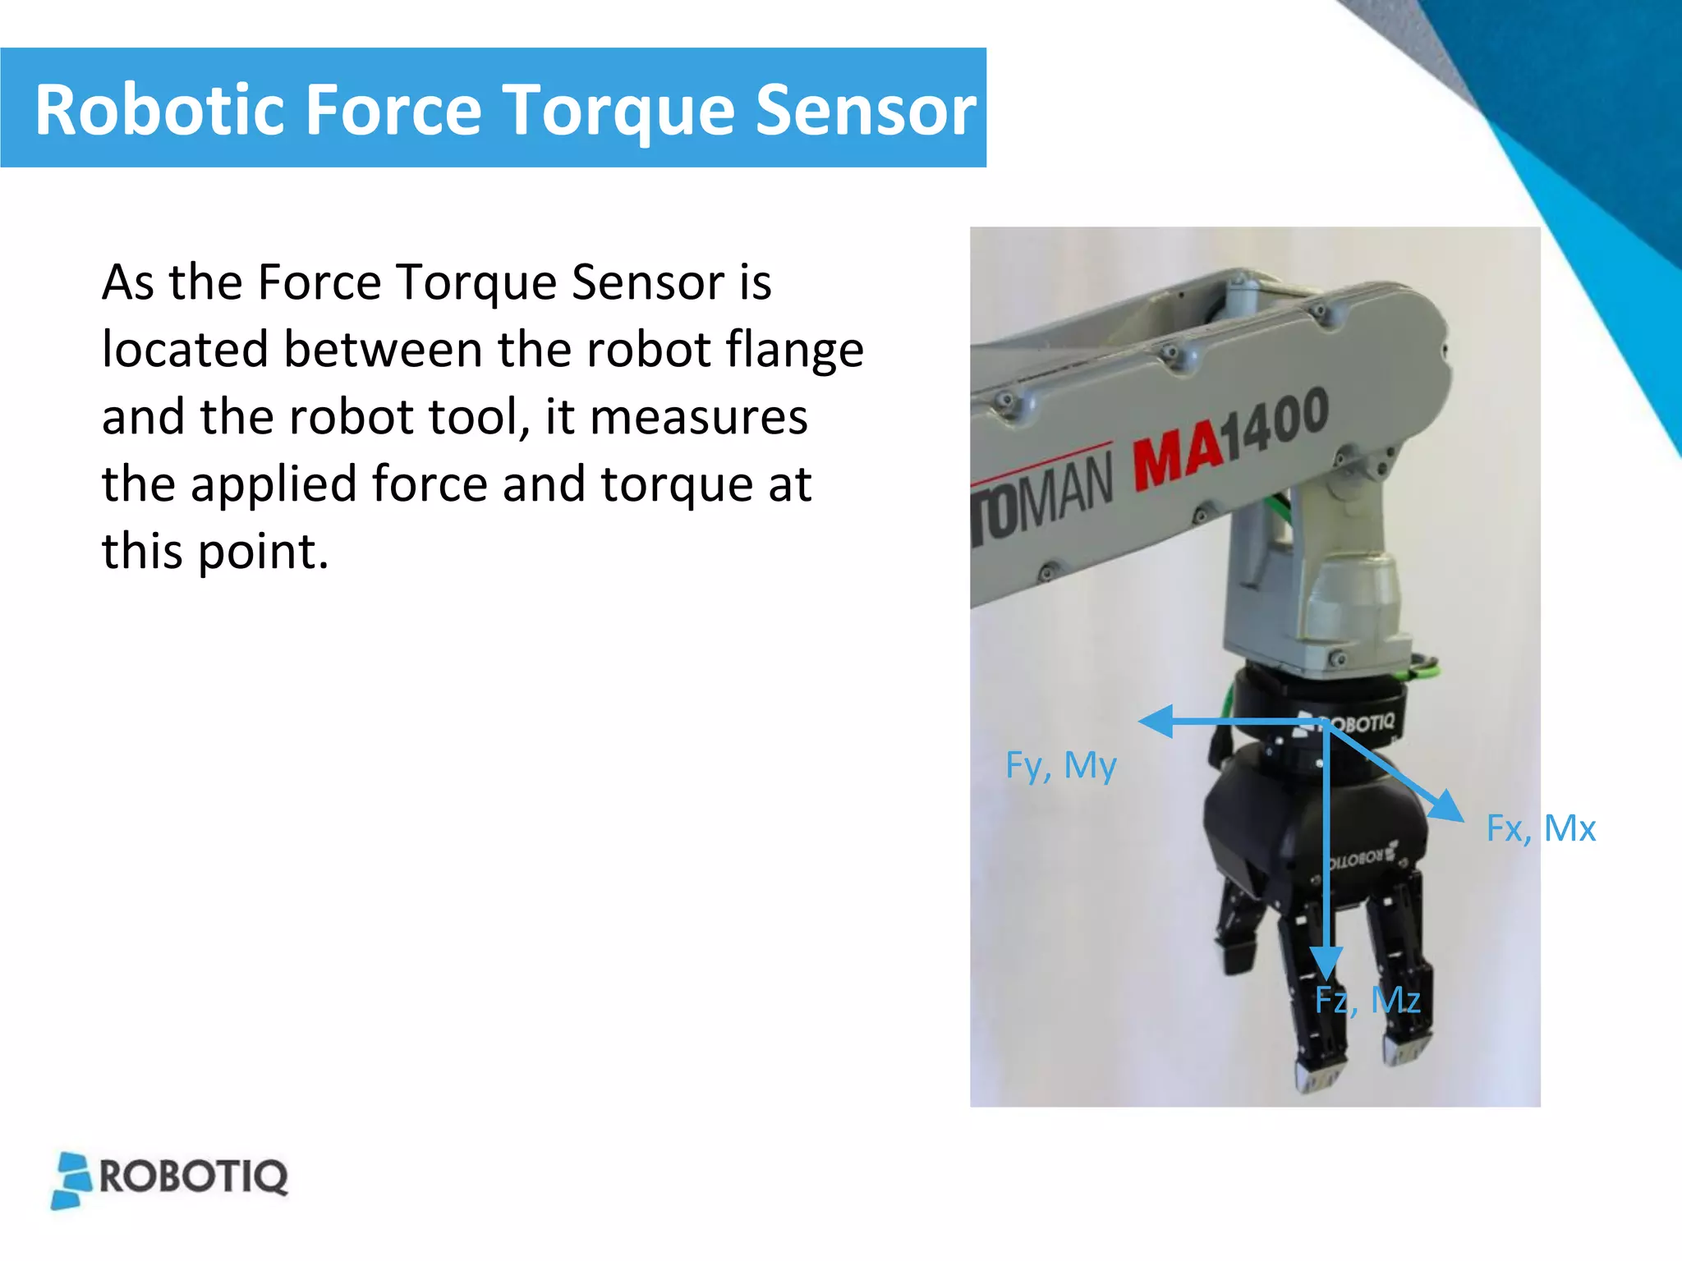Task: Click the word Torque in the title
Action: (618, 111)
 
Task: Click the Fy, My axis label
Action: (1060, 765)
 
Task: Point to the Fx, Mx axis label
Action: (1541, 828)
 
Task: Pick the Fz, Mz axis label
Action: (1367, 1000)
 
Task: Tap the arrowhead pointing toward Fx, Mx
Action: (1447, 807)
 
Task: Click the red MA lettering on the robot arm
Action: (1176, 452)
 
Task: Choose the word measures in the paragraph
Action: (699, 417)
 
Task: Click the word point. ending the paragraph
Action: (263, 552)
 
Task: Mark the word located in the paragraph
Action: (185, 350)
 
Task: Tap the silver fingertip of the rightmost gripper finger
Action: (1406, 1050)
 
